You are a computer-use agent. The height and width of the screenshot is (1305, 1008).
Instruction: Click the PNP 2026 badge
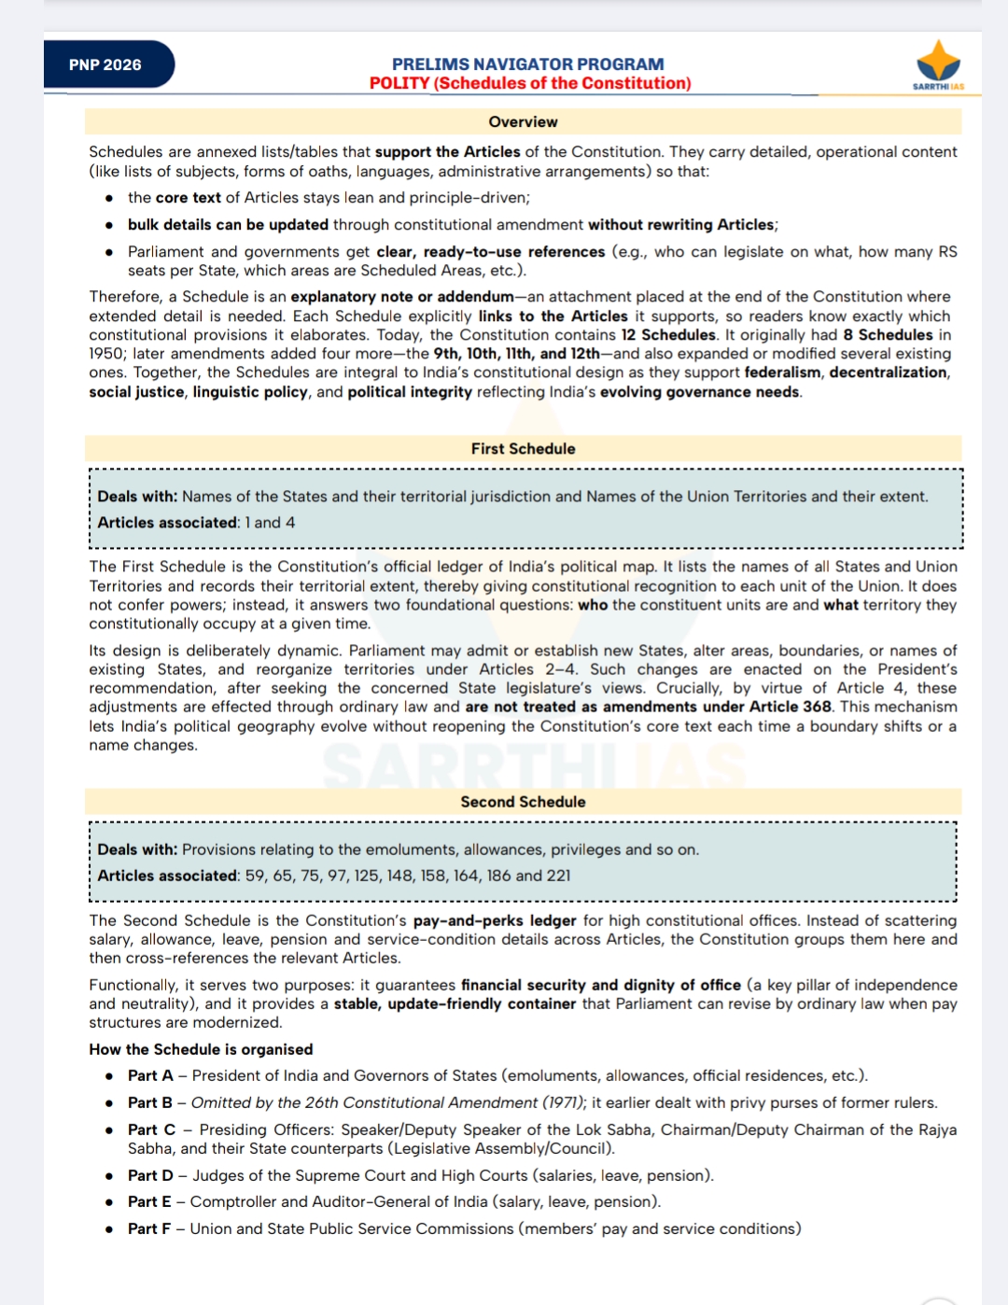point(105,64)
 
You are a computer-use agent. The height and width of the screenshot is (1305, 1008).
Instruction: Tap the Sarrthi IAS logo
point(938,64)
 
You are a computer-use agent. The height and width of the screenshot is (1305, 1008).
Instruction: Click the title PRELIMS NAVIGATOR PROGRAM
point(527,64)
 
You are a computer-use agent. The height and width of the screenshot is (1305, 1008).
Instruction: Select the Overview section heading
point(523,122)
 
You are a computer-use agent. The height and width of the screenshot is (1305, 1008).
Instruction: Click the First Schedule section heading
point(523,449)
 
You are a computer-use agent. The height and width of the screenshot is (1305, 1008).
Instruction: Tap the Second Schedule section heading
point(523,802)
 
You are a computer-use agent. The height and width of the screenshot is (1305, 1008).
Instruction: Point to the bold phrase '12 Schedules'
point(668,335)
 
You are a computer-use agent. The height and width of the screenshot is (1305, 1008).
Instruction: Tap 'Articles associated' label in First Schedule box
point(168,523)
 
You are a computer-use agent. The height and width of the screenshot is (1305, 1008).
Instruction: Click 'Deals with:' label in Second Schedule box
point(137,849)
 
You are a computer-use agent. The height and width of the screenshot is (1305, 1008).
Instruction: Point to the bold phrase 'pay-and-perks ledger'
point(495,920)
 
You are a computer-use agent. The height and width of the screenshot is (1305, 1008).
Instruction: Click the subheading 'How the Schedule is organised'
point(201,1049)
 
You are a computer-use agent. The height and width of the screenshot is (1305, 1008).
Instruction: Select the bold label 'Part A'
point(150,1075)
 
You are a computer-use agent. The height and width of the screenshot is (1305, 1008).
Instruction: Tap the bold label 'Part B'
point(150,1102)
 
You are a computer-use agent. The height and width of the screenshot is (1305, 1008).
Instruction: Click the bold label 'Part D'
point(150,1175)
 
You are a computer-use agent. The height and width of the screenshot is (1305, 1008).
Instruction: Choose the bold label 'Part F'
point(149,1228)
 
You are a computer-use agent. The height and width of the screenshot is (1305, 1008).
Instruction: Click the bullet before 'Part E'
point(109,1202)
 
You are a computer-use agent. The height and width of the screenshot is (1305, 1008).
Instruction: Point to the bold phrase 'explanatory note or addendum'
point(402,297)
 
